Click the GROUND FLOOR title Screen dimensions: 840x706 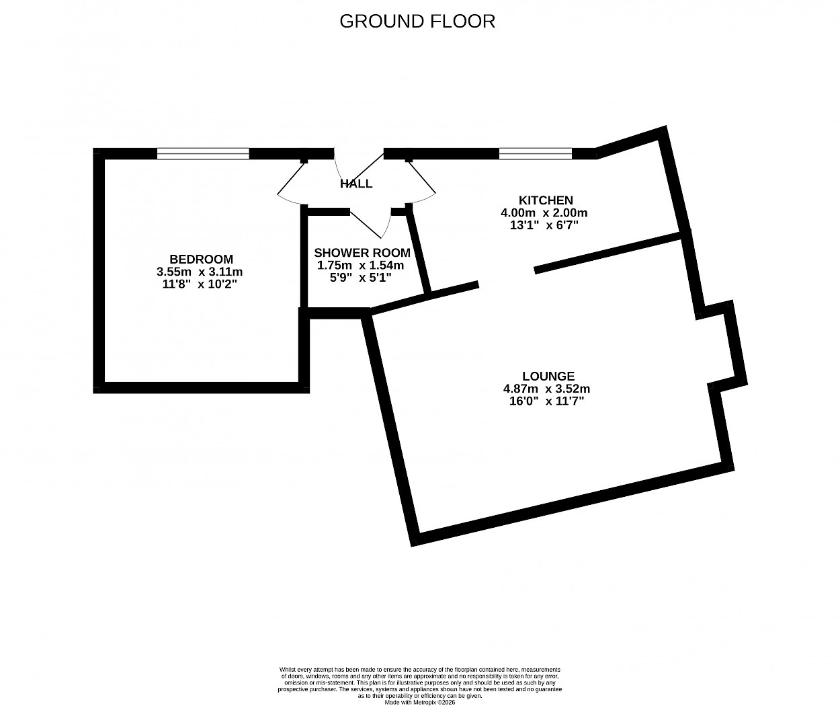click(417, 22)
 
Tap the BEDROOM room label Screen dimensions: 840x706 click(201, 259)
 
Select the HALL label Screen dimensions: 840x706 click(356, 184)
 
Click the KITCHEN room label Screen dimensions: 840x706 click(546, 200)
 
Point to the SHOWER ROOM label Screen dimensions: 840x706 click(362, 253)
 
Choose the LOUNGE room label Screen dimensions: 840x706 click(548, 376)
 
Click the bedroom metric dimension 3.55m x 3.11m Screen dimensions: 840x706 click(200, 272)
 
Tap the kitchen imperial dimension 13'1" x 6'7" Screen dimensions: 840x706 click(544, 225)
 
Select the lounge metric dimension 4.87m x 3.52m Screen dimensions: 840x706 click(547, 389)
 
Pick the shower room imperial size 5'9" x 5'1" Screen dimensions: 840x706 click(361, 278)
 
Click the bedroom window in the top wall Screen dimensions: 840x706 click(203, 154)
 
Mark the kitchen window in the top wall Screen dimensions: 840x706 click(535, 154)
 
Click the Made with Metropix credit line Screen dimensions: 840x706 click(419, 703)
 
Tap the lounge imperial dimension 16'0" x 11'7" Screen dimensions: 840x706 click(547, 401)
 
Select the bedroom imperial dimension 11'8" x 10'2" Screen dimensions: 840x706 click(200, 284)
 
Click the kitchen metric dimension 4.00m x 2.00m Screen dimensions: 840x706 click(544, 212)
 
